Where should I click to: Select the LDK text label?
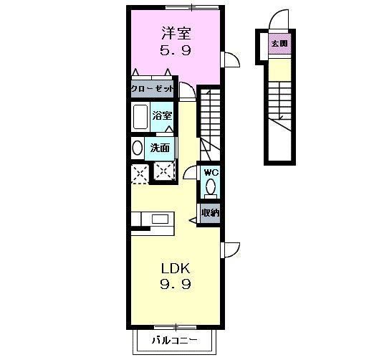pos(175,269)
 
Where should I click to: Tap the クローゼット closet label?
pos(153,90)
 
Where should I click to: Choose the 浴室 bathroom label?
pos(162,115)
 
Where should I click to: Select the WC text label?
pos(210,173)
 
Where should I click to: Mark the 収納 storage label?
pos(209,212)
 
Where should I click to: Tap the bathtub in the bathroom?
pos(140,117)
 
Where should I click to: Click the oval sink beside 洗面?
pos(137,148)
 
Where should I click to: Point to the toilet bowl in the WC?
pos(210,188)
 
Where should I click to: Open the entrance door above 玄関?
pos(279,22)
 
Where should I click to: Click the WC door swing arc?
pos(190,171)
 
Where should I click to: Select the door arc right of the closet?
pos(186,91)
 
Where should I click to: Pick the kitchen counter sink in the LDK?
pos(159,218)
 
